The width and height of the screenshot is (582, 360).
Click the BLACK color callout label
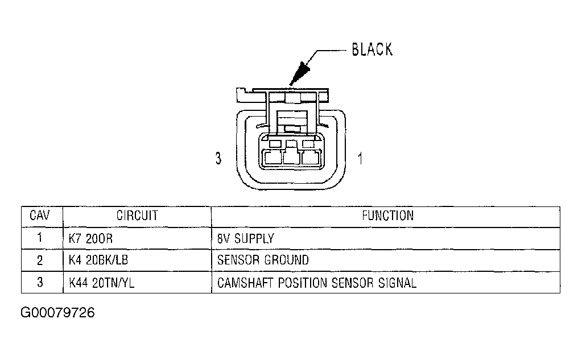pos(372,49)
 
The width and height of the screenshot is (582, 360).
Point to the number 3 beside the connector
pos(218,159)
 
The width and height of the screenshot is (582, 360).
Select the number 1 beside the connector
pos(360,159)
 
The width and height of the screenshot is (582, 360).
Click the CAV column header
pos(40,216)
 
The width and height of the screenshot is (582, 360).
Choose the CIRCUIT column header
pos(137,216)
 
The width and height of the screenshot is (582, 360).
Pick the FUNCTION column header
pos(387,216)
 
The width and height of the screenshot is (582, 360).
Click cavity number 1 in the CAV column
pos(40,238)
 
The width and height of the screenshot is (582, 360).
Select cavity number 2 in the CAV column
pos(40,260)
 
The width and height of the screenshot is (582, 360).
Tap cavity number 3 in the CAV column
pos(40,283)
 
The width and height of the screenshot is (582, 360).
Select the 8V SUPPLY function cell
pos(246,239)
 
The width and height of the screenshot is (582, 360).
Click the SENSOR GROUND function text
pos(263,260)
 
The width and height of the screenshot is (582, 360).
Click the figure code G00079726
pos(57,313)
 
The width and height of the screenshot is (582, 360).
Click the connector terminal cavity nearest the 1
pos(311,158)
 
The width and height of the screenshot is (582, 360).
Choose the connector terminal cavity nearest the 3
pos(272,158)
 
